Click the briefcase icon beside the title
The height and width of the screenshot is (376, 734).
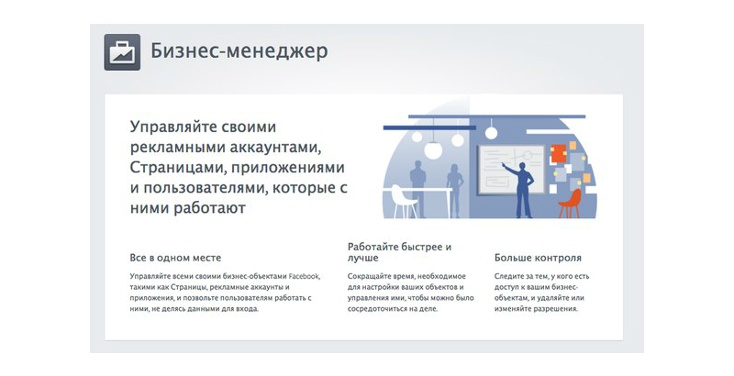122,52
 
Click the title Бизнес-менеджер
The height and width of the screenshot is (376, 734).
239,51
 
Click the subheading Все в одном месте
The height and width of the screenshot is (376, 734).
175,258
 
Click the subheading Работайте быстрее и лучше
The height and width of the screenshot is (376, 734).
399,252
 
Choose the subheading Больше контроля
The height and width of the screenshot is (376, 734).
538,258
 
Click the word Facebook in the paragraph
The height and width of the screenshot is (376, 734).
305,276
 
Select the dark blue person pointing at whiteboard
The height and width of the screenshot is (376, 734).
520,190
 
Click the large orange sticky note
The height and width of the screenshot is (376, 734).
559,154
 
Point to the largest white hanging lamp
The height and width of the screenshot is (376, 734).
433,149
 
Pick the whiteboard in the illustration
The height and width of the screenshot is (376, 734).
511,170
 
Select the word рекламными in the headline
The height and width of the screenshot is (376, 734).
178,148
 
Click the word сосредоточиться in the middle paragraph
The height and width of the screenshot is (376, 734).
374,309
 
